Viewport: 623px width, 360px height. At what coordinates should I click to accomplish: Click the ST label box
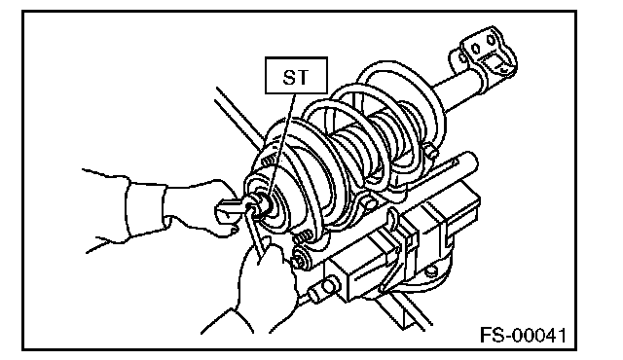click(x=296, y=76)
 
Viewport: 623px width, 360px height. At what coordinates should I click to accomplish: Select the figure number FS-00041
click(x=523, y=336)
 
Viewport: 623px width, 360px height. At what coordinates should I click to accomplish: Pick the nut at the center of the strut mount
click(x=257, y=207)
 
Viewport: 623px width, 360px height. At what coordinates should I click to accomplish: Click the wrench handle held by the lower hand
click(x=255, y=234)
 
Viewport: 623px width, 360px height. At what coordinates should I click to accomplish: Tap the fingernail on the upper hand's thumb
click(x=234, y=230)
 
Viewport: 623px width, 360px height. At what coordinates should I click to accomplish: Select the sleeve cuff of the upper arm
click(x=145, y=209)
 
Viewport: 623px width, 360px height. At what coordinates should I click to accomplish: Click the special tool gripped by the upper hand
click(x=231, y=209)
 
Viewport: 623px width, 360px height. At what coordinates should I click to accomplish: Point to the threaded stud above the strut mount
click(x=268, y=160)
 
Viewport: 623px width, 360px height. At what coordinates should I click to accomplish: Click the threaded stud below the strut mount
click(x=303, y=237)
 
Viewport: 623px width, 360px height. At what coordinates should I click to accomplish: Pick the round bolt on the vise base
click(x=430, y=271)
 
